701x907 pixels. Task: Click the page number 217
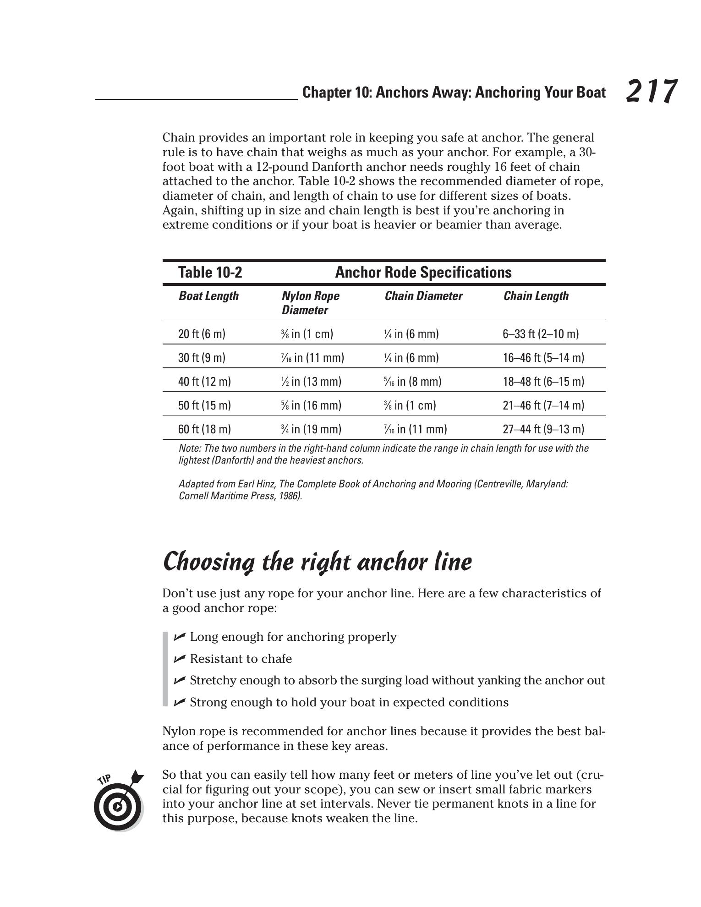tap(651, 91)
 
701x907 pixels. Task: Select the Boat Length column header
tap(208, 296)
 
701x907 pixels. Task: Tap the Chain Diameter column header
tap(423, 296)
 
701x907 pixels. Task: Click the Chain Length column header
tap(536, 296)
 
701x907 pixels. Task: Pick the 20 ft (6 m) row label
tap(202, 334)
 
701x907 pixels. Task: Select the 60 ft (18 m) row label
tap(204, 429)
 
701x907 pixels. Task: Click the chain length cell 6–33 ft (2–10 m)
tap(541, 334)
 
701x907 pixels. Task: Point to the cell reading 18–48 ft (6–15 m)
tap(543, 382)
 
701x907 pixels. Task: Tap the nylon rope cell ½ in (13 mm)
tap(311, 382)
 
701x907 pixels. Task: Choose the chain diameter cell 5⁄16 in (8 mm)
tap(413, 382)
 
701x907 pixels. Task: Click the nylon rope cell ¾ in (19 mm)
tap(311, 429)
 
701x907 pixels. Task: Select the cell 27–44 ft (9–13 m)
tap(543, 429)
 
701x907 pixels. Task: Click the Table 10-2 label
tap(210, 273)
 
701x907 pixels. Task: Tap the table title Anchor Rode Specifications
tap(423, 273)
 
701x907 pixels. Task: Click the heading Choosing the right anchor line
tap(317, 562)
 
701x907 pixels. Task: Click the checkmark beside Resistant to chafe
tap(180, 659)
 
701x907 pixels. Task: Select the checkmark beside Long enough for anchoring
tap(180, 637)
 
